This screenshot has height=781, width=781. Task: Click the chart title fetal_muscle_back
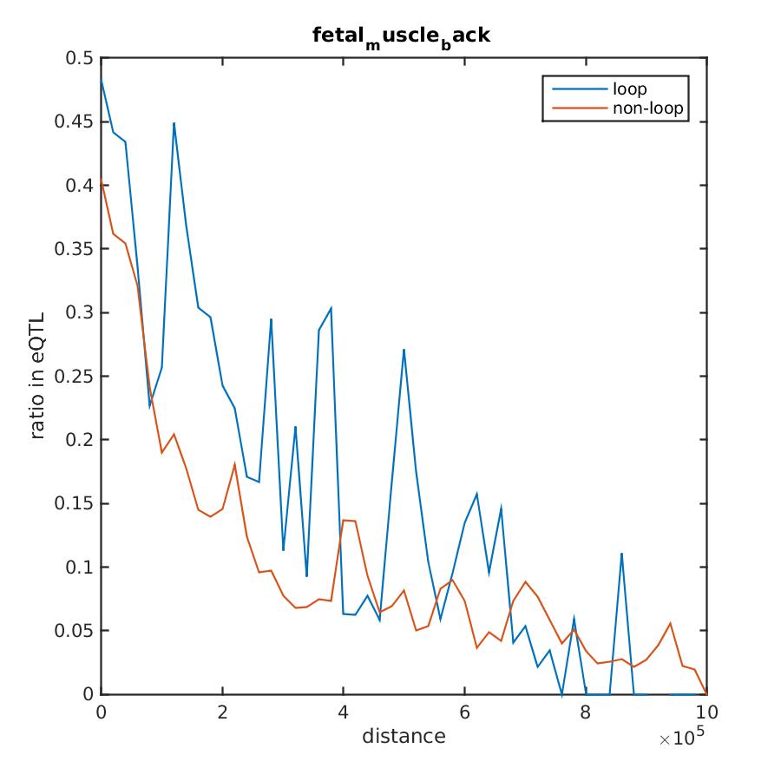(404, 37)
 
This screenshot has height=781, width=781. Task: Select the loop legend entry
(629, 89)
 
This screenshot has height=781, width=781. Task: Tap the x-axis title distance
(404, 737)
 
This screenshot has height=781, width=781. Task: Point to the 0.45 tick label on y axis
(75, 121)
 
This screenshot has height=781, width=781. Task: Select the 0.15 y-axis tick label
(75, 503)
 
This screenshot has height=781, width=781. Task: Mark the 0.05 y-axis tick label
(75, 631)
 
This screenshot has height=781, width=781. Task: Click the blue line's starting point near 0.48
(102, 79)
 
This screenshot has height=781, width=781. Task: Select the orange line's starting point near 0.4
(102, 180)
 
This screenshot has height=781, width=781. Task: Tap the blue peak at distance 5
(404, 350)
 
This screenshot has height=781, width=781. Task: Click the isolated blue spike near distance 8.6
(621, 553)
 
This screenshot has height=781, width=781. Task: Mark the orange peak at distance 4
(344, 520)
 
